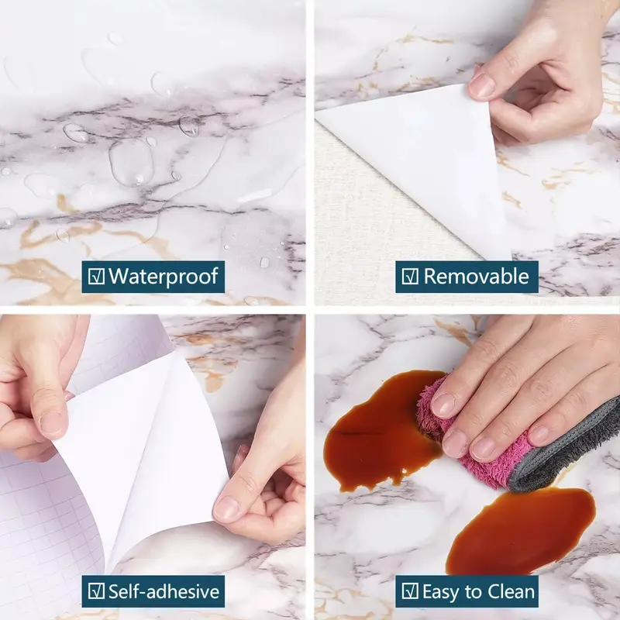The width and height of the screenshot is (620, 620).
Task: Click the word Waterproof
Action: pos(164,277)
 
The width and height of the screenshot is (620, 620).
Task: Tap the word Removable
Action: pos(476,276)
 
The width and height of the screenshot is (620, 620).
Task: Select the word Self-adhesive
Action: pos(164,591)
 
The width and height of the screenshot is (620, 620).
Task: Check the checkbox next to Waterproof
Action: pos(96,277)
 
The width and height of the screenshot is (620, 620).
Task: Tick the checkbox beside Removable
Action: pos(410,277)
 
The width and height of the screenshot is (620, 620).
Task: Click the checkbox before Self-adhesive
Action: pos(96,591)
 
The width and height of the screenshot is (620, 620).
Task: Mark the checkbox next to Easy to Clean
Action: pos(410,591)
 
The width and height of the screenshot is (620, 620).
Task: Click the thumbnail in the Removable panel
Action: pos(481,85)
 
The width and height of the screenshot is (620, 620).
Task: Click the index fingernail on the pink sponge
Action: pos(443,405)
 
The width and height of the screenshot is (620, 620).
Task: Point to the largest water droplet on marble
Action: pos(130,161)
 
